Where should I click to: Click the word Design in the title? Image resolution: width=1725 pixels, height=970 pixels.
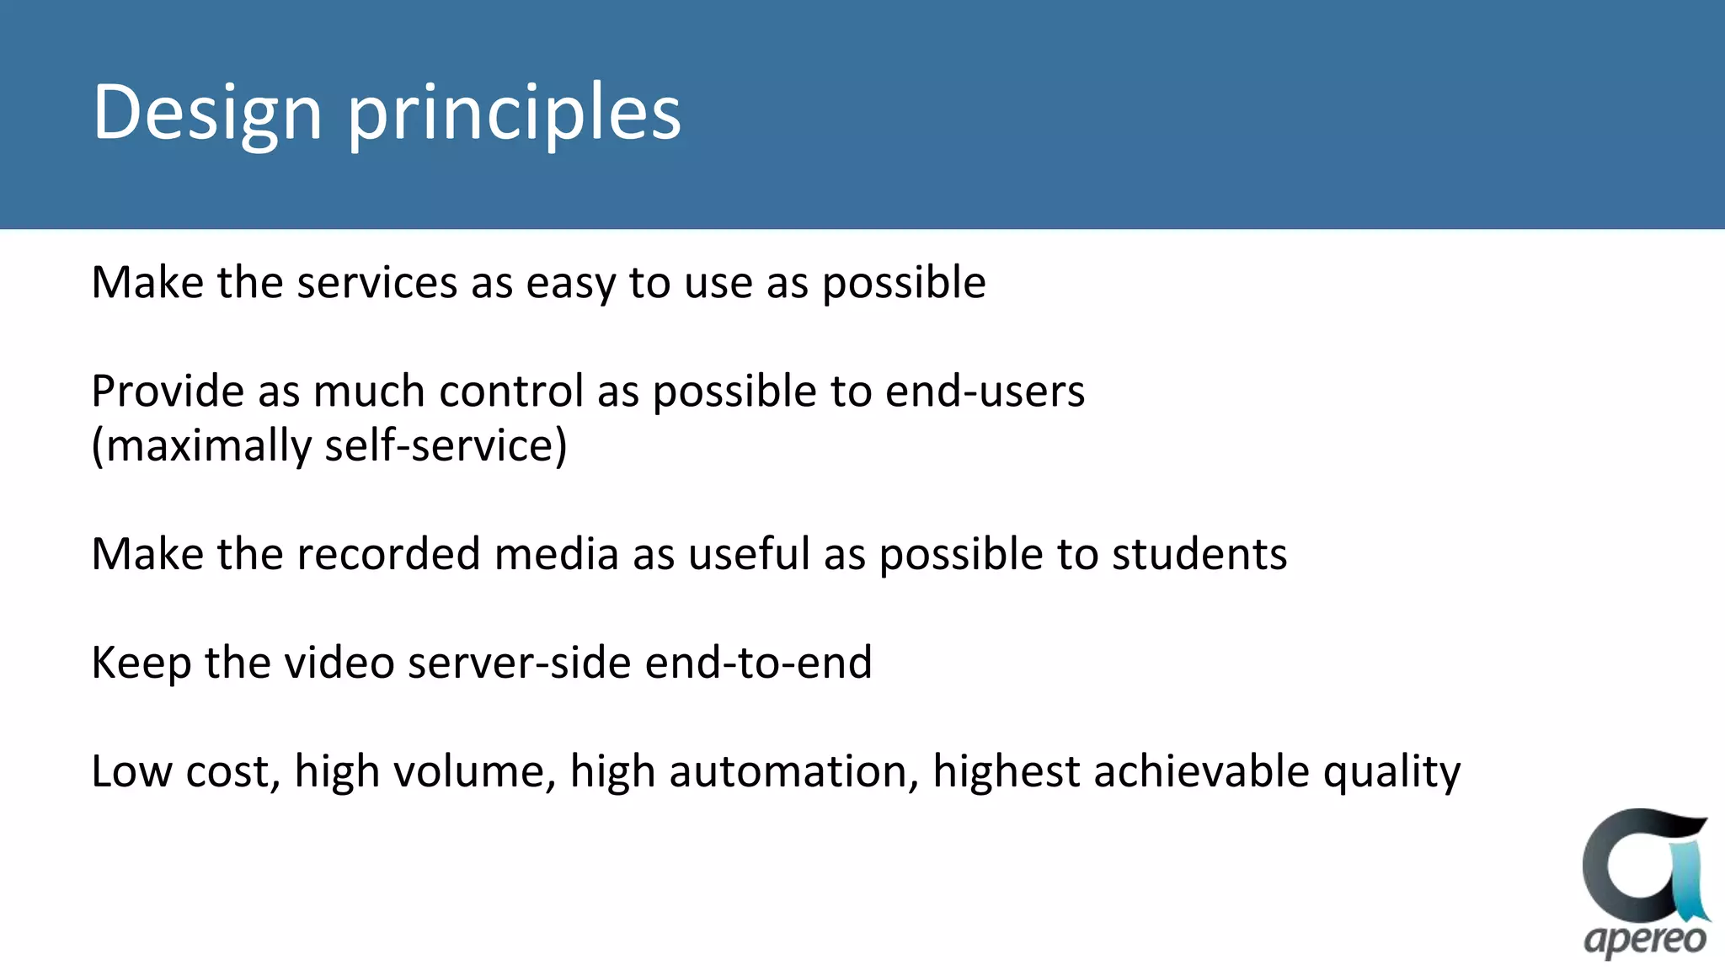(207, 114)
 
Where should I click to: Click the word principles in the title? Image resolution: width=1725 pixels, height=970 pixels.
(514, 114)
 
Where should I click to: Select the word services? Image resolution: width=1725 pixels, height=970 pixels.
(377, 283)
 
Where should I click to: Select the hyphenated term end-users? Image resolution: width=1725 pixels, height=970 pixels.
(985, 392)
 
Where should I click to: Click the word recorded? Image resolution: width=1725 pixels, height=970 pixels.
(388, 555)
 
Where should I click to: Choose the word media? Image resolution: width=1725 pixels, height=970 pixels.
(557, 555)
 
